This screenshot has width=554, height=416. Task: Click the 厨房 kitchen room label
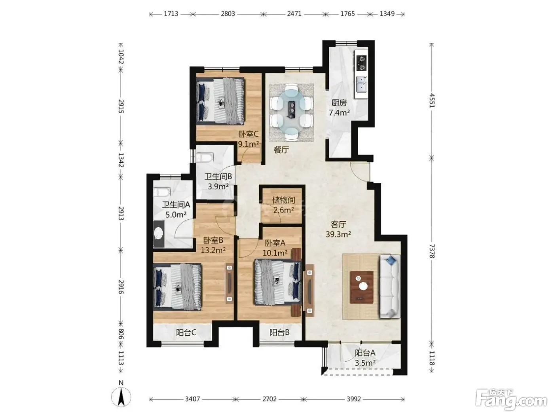point(339,103)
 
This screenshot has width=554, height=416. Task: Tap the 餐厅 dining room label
point(281,150)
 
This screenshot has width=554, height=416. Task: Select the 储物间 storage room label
point(284,200)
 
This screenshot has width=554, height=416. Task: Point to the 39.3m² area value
point(338,234)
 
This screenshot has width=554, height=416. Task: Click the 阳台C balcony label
point(186,333)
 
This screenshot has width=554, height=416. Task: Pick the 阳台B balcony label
point(279,332)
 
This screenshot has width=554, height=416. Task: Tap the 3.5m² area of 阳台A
point(365,363)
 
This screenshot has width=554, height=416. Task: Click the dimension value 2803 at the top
point(228,13)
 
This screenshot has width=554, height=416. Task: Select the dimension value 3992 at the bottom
point(354,399)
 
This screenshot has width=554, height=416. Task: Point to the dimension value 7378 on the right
point(432,251)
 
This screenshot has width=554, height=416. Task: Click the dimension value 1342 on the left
point(121,160)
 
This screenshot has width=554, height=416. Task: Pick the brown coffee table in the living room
point(362,287)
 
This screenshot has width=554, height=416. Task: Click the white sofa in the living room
point(390,286)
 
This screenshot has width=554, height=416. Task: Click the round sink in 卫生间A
point(159,232)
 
